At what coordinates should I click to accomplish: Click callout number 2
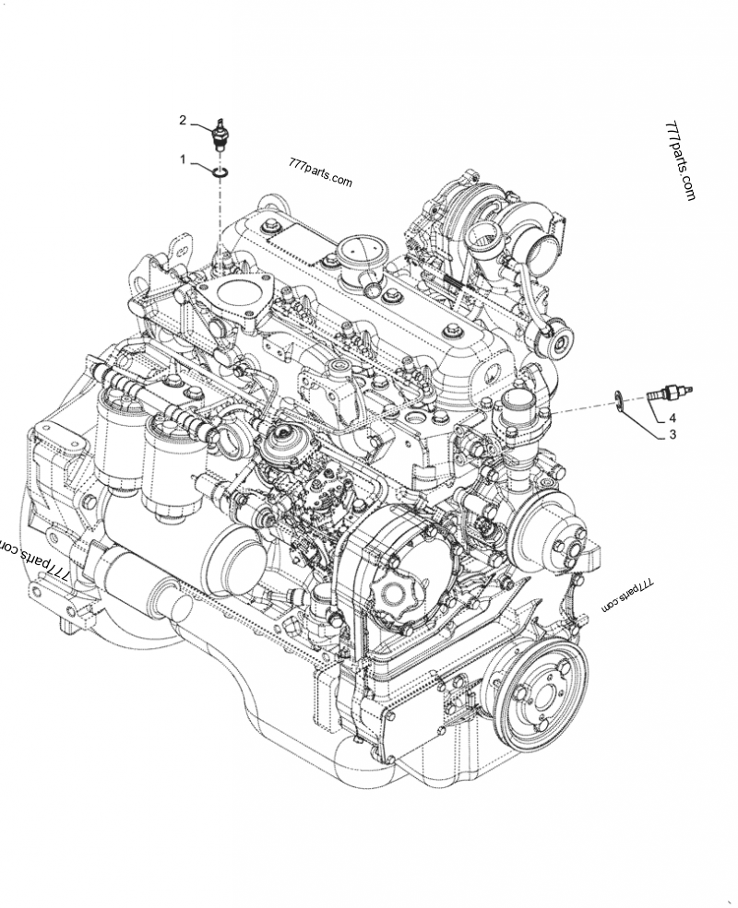click(183, 120)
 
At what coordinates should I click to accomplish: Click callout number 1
click(183, 159)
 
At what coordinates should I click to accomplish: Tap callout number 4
click(673, 418)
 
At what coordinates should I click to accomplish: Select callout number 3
click(673, 434)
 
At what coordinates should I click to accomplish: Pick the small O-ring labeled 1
click(220, 171)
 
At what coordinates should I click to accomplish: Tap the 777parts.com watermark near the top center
click(320, 172)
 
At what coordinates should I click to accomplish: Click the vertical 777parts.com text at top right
click(680, 161)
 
